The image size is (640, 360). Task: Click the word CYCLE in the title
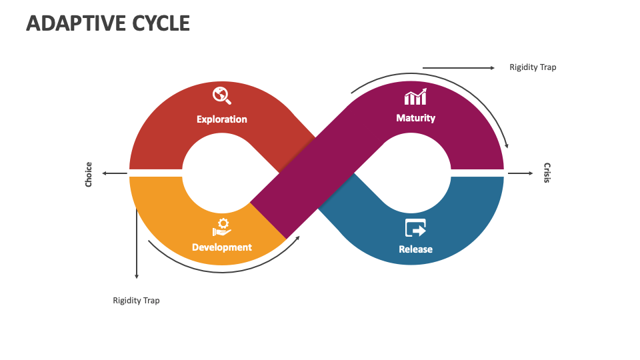[x=161, y=23]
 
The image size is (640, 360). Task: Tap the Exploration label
[x=221, y=119]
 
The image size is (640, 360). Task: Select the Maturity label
[x=415, y=118]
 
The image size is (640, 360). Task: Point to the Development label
[x=221, y=247]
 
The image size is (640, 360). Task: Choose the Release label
[x=415, y=249]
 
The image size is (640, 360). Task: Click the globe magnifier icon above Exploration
[x=221, y=95]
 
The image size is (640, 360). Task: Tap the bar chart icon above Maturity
[x=415, y=97]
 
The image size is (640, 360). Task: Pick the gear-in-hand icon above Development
[x=221, y=227]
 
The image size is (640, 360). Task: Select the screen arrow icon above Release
[x=415, y=228]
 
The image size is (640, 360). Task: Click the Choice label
[x=89, y=174]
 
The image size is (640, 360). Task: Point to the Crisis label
[x=547, y=173]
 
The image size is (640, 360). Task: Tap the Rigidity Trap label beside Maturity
[x=533, y=67]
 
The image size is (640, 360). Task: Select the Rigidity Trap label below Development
[x=136, y=301]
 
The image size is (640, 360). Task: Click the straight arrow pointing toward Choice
[x=115, y=173]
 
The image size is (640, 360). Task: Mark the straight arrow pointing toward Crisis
[x=521, y=173]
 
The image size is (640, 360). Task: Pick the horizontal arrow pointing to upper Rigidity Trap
[x=459, y=68]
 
